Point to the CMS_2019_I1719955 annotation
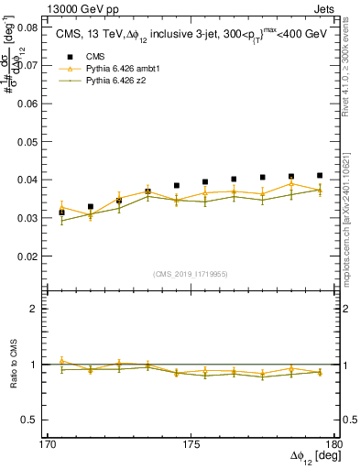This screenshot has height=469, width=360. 191,273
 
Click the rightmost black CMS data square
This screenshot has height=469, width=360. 320,175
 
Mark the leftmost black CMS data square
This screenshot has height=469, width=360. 61,213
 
